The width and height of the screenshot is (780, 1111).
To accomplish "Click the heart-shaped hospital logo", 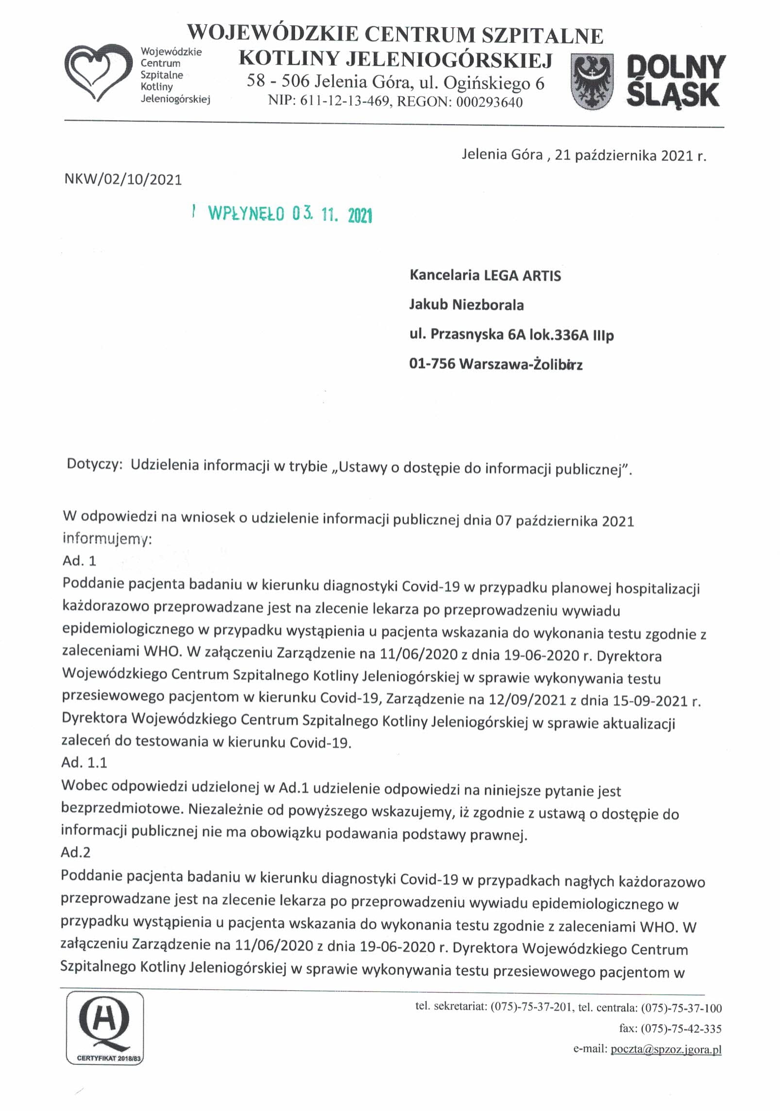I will pos(99,73).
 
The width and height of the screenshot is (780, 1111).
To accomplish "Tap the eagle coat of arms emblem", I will pos(592,82).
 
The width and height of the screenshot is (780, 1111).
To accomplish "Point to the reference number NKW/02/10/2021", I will pos(123,180).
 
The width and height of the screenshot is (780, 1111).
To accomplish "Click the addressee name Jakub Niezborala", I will pos(466,305).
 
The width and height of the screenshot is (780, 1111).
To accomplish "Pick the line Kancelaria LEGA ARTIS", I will pos(485,276).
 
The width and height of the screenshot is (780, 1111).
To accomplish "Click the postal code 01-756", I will pos(432,363).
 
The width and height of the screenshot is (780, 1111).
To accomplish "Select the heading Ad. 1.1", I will pos(84,762).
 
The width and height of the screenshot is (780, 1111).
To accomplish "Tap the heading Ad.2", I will pos(75,852).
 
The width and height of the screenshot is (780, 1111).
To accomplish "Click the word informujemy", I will pos(106,539).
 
